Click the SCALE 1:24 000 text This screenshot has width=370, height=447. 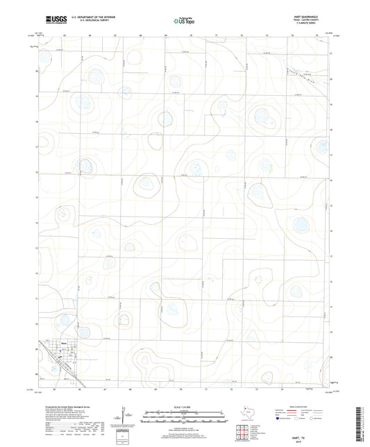coord(184,407)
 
